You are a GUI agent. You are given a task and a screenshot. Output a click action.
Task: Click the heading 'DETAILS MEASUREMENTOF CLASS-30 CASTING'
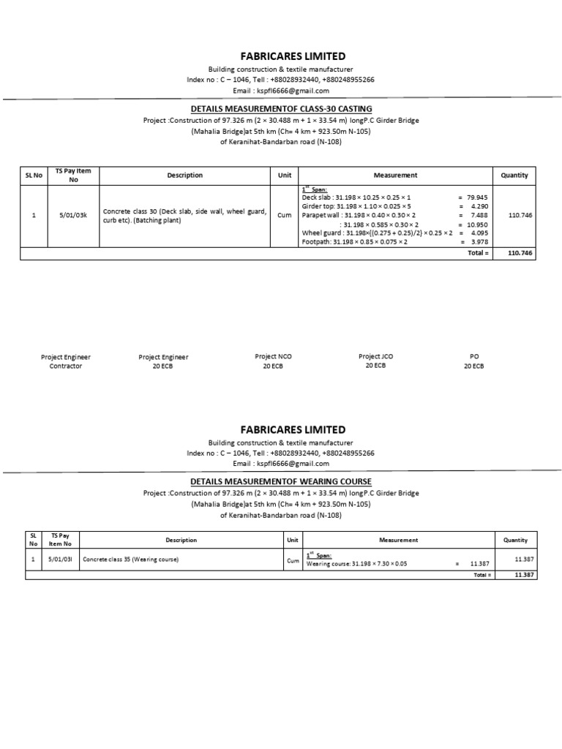(x=281, y=108)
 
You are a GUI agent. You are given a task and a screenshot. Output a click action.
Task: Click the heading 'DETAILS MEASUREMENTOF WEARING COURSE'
(x=281, y=481)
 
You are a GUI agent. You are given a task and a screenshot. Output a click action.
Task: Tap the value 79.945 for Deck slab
(x=476, y=197)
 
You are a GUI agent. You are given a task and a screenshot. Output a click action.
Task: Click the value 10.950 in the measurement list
(x=476, y=224)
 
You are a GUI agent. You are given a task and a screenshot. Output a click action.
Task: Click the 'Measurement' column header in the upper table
(x=395, y=176)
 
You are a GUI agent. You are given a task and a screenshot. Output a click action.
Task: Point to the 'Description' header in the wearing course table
(x=181, y=541)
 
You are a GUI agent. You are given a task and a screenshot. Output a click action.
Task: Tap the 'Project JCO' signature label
(x=375, y=356)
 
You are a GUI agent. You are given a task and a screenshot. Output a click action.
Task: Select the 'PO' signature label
(x=473, y=357)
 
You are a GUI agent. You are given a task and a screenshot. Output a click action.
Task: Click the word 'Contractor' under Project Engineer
(x=66, y=366)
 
